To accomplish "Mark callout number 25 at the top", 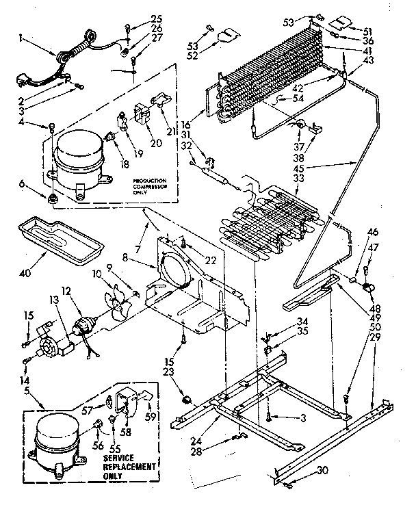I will [157, 17].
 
